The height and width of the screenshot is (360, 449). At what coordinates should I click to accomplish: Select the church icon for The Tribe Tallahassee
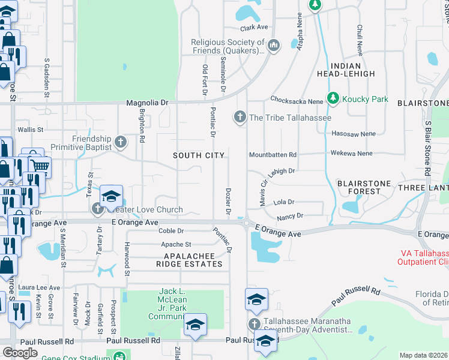(240, 116)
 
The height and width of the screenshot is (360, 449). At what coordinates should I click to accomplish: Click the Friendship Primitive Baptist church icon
(121, 142)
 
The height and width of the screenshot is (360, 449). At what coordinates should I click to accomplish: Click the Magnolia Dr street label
(148, 103)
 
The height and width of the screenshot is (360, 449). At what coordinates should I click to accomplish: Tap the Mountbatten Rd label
(273, 155)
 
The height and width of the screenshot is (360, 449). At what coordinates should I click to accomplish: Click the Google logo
(20, 353)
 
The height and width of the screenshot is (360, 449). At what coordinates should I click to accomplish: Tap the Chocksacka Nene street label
(297, 101)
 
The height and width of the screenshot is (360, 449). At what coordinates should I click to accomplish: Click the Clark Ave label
(254, 28)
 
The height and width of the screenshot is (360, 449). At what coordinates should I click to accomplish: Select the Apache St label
(176, 244)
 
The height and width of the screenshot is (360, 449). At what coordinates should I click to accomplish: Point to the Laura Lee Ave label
(39, 288)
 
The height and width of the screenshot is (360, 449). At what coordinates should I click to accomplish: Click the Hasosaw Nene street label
(352, 134)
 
